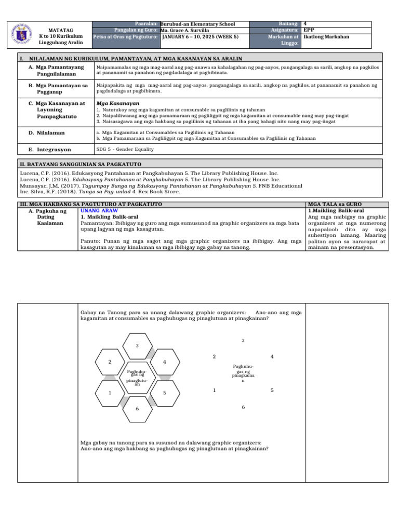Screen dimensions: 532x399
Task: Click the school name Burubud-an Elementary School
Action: (198, 24)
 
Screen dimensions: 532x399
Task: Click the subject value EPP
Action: (309, 30)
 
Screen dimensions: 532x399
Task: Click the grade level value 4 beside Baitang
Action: (305, 24)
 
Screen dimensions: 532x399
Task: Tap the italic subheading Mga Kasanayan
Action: (111, 103)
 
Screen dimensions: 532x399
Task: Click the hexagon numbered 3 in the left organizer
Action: (137, 345)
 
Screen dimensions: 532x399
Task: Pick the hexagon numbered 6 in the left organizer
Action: (137, 409)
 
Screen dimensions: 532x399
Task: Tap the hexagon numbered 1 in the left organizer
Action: (110, 393)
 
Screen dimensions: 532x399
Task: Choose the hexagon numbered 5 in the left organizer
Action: (164, 393)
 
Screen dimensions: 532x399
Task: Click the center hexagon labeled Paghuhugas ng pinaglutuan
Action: (137, 377)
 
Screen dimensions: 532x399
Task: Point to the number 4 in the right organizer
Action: (272, 357)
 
